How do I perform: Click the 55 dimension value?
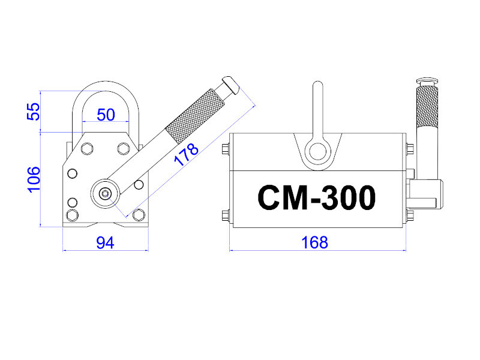[x=34, y=112]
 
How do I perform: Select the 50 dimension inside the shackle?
[x=106, y=115]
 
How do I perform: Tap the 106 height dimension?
[x=34, y=179]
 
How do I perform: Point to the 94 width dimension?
[x=106, y=243]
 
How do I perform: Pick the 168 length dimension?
[x=314, y=242]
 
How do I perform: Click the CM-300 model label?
[x=317, y=197]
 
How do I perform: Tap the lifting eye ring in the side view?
[x=318, y=152]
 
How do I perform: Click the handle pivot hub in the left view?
[x=105, y=193]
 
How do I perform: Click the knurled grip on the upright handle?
[x=427, y=107]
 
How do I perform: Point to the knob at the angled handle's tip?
[x=230, y=84]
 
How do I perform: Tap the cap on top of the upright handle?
[x=427, y=81]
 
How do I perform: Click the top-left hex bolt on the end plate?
[x=87, y=149]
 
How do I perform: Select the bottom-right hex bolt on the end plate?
[x=139, y=215]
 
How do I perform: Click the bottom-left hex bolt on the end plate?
[x=72, y=215]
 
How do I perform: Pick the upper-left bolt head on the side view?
[x=226, y=149]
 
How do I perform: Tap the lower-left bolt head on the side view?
[x=226, y=215]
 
